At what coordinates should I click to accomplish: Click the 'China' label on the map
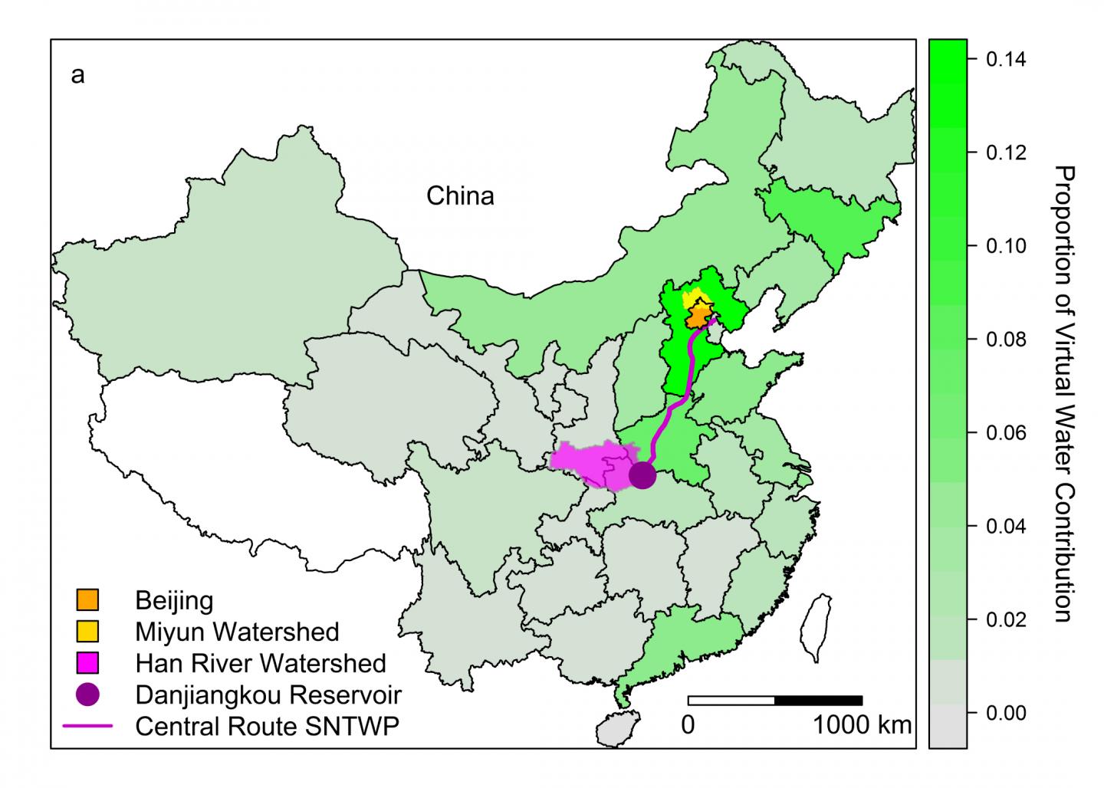(460, 196)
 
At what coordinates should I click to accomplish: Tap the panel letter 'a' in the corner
(77, 76)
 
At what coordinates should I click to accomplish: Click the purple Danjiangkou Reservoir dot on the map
(642, 475)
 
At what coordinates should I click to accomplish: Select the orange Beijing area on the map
(698, 315)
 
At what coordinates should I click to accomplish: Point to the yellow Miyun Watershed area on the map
(692, 297)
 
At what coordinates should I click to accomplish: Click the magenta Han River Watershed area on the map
(586, 465)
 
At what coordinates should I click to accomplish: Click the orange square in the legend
(88, 599)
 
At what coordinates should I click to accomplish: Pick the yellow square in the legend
(88, 631)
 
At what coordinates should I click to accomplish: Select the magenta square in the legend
(88, 662)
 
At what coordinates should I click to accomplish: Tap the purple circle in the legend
(88, 694)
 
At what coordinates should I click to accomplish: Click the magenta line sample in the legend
(88, 725)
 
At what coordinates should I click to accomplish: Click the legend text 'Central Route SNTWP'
(267, 725)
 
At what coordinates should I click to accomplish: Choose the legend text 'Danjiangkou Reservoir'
(268, 694)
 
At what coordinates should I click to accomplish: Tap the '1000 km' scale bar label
(863, 724)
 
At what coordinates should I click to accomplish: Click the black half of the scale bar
(819, 700)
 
